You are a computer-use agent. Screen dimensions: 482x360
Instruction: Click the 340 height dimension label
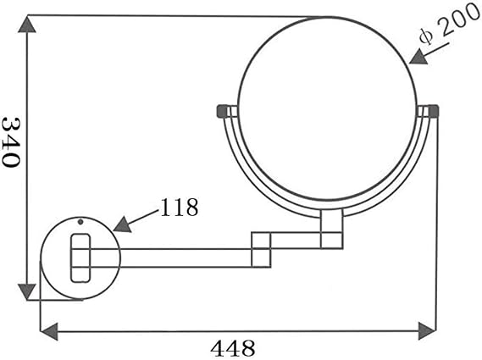tap(11, 142)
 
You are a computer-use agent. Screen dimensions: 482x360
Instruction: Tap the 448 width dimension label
tap(233, 348)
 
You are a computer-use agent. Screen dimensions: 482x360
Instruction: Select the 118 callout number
tap(180, 208)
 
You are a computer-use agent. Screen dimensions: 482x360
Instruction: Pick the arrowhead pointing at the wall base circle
tap(123, 224)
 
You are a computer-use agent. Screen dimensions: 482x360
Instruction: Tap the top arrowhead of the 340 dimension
tap(27, 25)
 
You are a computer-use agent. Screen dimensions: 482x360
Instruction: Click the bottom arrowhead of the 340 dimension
tap(27, 291)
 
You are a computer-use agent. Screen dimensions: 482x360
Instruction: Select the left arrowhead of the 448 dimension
tap(49, 331)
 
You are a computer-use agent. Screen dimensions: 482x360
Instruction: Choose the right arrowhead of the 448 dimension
tap(427, 331)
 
